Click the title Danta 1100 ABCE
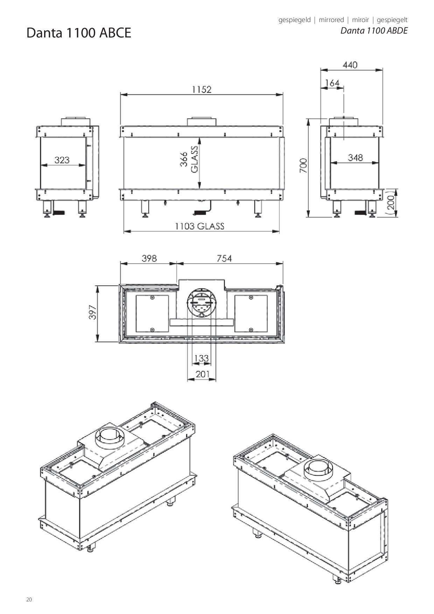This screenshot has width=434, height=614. (79, 33)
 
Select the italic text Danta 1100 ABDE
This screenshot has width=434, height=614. (374, 31)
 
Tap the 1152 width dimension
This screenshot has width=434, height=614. (202, 90)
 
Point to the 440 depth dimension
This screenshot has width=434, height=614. (350, 65)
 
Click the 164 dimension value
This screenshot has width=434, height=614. (332, 83)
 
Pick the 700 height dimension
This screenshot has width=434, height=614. (303, 166)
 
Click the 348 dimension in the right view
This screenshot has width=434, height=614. (355, 158)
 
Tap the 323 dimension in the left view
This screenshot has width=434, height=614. (62, 160)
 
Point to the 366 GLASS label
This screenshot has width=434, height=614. (189, 159)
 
